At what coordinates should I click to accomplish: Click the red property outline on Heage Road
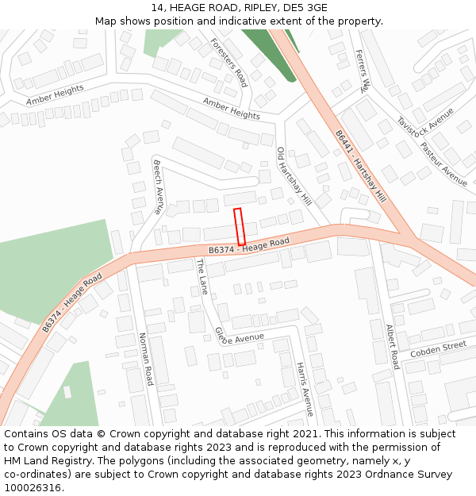[x=240, y=226]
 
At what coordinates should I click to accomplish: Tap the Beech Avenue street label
[x=158, y=182]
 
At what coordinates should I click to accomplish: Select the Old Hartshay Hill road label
[x=294, y=175]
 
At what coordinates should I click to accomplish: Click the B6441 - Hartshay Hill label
[x=360, y=167]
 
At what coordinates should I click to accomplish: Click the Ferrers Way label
[x=363, y=71]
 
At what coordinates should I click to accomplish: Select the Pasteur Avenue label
[x=443, y=163]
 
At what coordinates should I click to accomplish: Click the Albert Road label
[x=392, y=346]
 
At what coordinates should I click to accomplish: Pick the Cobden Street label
[x=439, y=348]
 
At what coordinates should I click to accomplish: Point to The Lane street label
[x=202, y=276]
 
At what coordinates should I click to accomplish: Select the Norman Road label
[x=145, y=359]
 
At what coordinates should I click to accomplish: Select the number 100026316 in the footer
[x=33, y=487]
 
